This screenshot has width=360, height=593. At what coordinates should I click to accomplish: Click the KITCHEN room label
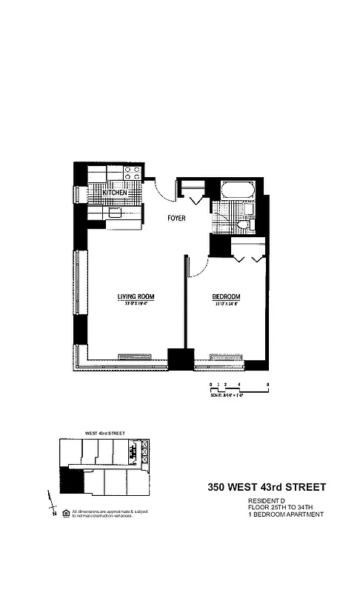(115, 193)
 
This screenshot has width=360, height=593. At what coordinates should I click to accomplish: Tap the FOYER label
(176, 219)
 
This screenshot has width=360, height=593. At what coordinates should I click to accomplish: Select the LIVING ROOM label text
(135, 297)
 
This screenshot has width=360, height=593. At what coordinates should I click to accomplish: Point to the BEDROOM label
(227, 297)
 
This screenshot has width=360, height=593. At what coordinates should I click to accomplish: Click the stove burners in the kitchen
(133, 173)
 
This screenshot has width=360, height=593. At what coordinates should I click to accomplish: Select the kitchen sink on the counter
(116, 212)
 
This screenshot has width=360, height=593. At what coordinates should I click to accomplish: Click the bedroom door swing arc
(197, 267)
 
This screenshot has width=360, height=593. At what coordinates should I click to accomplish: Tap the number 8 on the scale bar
(267, 384)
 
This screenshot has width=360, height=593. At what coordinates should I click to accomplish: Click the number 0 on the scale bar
(211, 384)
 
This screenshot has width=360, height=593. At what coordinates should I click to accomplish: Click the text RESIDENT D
(265, 501)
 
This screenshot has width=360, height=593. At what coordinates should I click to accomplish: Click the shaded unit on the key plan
(71, 485)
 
